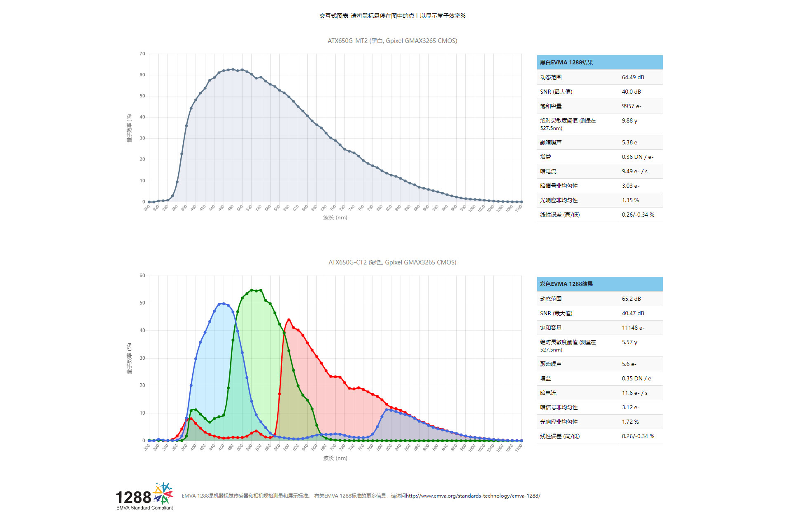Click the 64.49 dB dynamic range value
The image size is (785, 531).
(x=633, y=77)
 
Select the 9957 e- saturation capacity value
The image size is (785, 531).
(x=632, y=106)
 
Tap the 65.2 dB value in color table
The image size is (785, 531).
(x=631, y=299)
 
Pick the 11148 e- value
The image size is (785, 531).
(x=633, y=328)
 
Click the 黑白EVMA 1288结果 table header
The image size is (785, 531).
(x=566, y=62)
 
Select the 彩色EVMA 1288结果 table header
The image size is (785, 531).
(x=566, y=284)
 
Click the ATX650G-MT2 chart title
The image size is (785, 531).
(x=392, y=41)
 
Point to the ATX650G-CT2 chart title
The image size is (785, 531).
(x=392, y=262)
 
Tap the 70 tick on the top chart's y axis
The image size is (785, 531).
(x=142, y=54)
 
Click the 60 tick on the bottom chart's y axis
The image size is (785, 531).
(x=142, y=276)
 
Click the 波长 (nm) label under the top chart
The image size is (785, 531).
(x=335, y=217)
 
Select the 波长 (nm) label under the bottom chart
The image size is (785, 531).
(x=335, y=458)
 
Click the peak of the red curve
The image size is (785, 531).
(x=289, y=319)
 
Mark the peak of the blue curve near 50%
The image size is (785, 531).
(x=224, y=304)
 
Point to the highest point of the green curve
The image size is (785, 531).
(x=252, y=290)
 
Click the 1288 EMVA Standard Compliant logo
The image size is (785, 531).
(x=144, y=497)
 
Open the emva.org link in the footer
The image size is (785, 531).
(x=473, y=496)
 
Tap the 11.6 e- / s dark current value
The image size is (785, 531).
(x=634, y=393)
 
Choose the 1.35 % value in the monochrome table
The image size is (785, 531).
(x=630, y=200)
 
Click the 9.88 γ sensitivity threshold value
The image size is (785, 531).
(x=629, y=120)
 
